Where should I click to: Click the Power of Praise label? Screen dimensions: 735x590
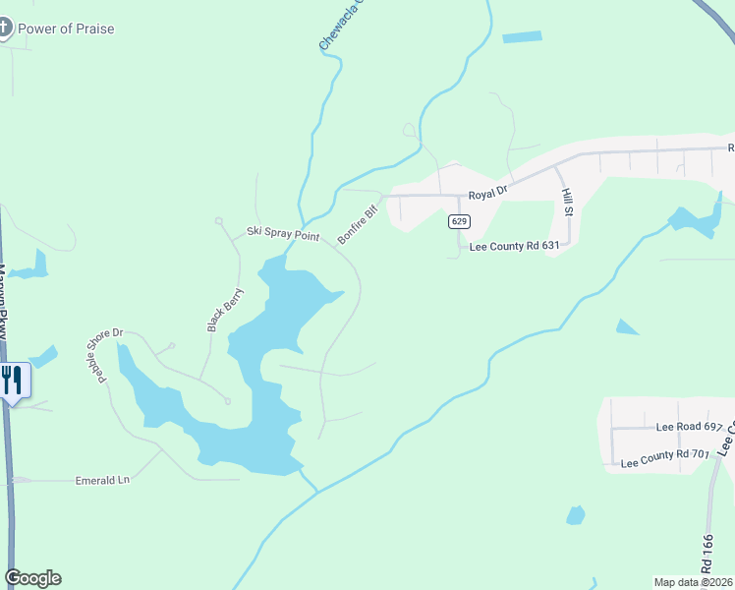66,29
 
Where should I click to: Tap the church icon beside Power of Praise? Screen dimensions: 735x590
4,28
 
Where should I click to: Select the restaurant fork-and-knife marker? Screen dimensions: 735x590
12,380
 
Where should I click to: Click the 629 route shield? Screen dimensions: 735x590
460,221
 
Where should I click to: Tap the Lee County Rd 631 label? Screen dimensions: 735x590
514,247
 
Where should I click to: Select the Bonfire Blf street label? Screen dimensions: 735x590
358,224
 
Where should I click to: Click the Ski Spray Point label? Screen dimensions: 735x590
283,234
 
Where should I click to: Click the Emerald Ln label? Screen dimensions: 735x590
102,480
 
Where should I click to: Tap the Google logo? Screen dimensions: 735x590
32,578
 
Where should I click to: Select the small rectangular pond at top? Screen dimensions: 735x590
522,37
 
